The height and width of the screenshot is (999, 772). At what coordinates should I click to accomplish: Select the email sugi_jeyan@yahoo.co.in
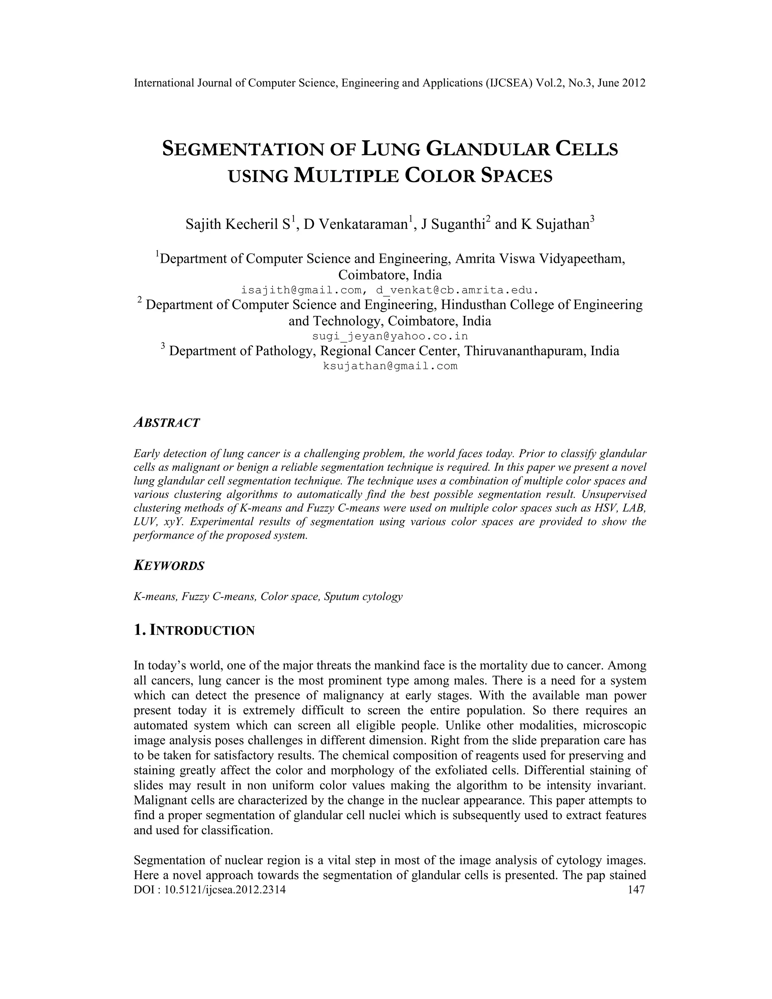pyautogui.click(x=390, y=336)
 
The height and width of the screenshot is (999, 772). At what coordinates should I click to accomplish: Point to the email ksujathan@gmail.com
pyautogui.click(x=390, y=366)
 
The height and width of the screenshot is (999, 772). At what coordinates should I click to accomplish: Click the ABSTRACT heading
pyautogui.click(x=167, y=423)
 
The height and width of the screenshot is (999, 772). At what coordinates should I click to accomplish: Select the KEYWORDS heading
pyautogui.click(x=169, y=566)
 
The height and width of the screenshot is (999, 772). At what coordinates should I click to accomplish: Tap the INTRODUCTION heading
pyautogui.click(x=202, y=631)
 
